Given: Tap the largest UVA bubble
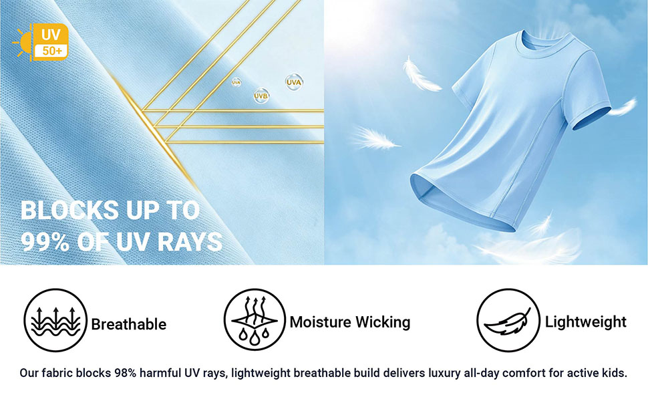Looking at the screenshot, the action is coord(294,82).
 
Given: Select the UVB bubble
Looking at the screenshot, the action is coord(261,96).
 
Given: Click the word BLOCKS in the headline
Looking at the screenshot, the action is coord(69,210).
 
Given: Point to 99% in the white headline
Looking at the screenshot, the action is coord(45,241).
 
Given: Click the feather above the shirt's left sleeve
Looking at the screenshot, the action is coord(421,75).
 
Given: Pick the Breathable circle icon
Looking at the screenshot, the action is coord(55,320).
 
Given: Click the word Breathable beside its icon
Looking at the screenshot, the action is coord(128,324).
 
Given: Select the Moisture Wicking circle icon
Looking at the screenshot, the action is coord(255,319).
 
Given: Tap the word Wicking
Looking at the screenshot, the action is coord(383,322).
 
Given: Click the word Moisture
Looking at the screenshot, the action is coord(321,321).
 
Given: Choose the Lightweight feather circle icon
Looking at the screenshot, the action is coord(508,320).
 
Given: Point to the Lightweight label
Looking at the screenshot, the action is coord(586,321).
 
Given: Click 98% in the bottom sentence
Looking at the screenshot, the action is coord(125,373).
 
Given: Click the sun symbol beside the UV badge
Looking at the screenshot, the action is coord(22,43).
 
